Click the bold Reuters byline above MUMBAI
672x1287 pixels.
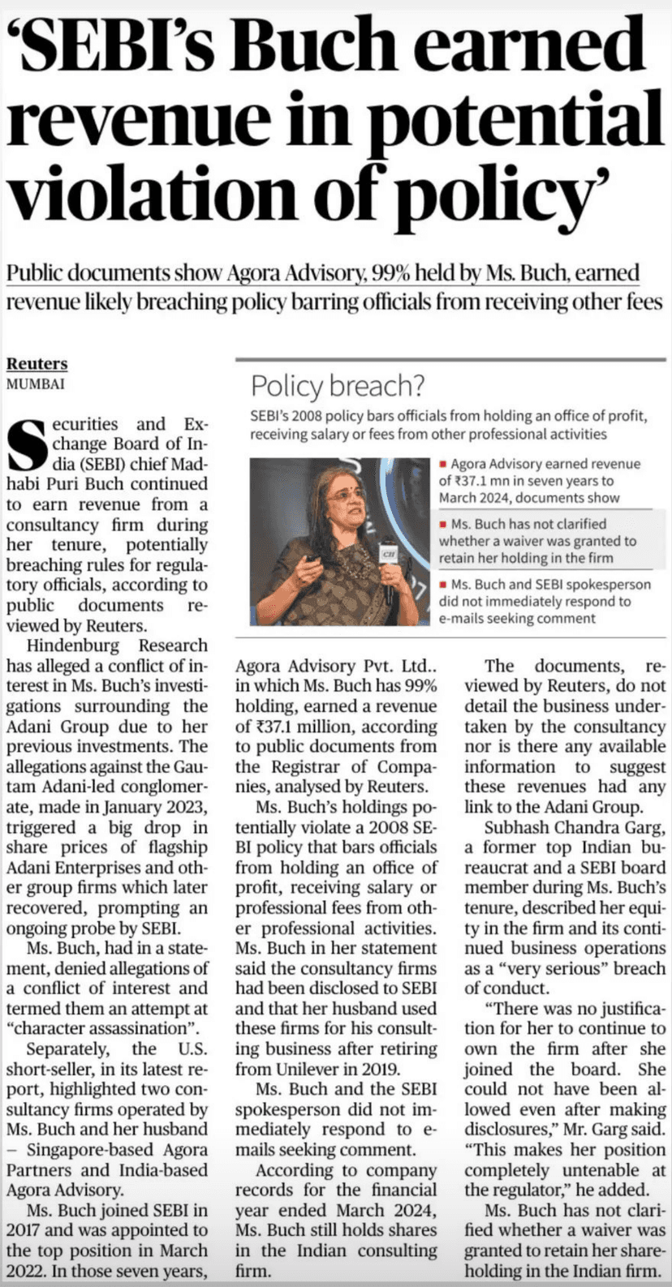click(37, 364)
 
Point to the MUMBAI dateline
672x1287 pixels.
click(36, 384)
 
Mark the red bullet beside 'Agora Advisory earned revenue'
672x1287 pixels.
click(443, 465)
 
